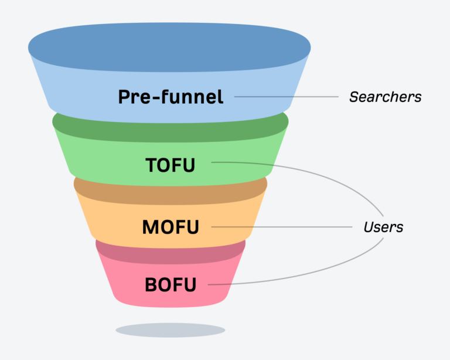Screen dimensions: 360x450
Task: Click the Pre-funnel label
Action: click(x=171, y=97)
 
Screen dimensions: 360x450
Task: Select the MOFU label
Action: click(x=171, y=227)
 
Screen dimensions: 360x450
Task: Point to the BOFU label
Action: click(x=171, y=286)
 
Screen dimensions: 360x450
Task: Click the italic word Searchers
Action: click(x=385, y=97)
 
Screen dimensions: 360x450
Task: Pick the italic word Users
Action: click(x=383, y=227)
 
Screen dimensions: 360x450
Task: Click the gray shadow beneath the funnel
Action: click(x=170, y=330)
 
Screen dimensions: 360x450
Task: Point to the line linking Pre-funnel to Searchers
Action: click(x=287, y=97)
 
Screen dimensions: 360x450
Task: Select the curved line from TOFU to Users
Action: click(x=328, y=176)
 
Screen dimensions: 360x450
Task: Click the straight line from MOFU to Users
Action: click(x=281, y=227)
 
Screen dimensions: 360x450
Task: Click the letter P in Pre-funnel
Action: click(x=124, y=97)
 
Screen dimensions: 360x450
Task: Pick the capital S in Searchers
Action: click(x=353, y=97)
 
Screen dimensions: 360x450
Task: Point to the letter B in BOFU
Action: click(x=151, y=286)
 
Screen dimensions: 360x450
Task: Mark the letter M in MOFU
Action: click(x=150, y=227)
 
